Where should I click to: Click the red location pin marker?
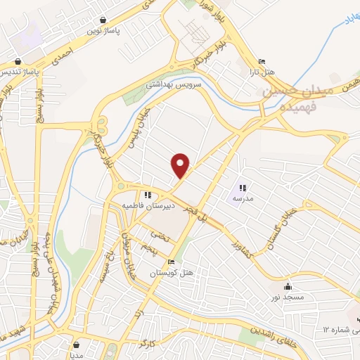(181, 165)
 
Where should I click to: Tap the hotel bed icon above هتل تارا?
(262, 61)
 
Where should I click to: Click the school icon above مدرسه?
(243, 188)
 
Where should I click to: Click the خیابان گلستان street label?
(280, 229)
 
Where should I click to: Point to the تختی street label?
(162, 238)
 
